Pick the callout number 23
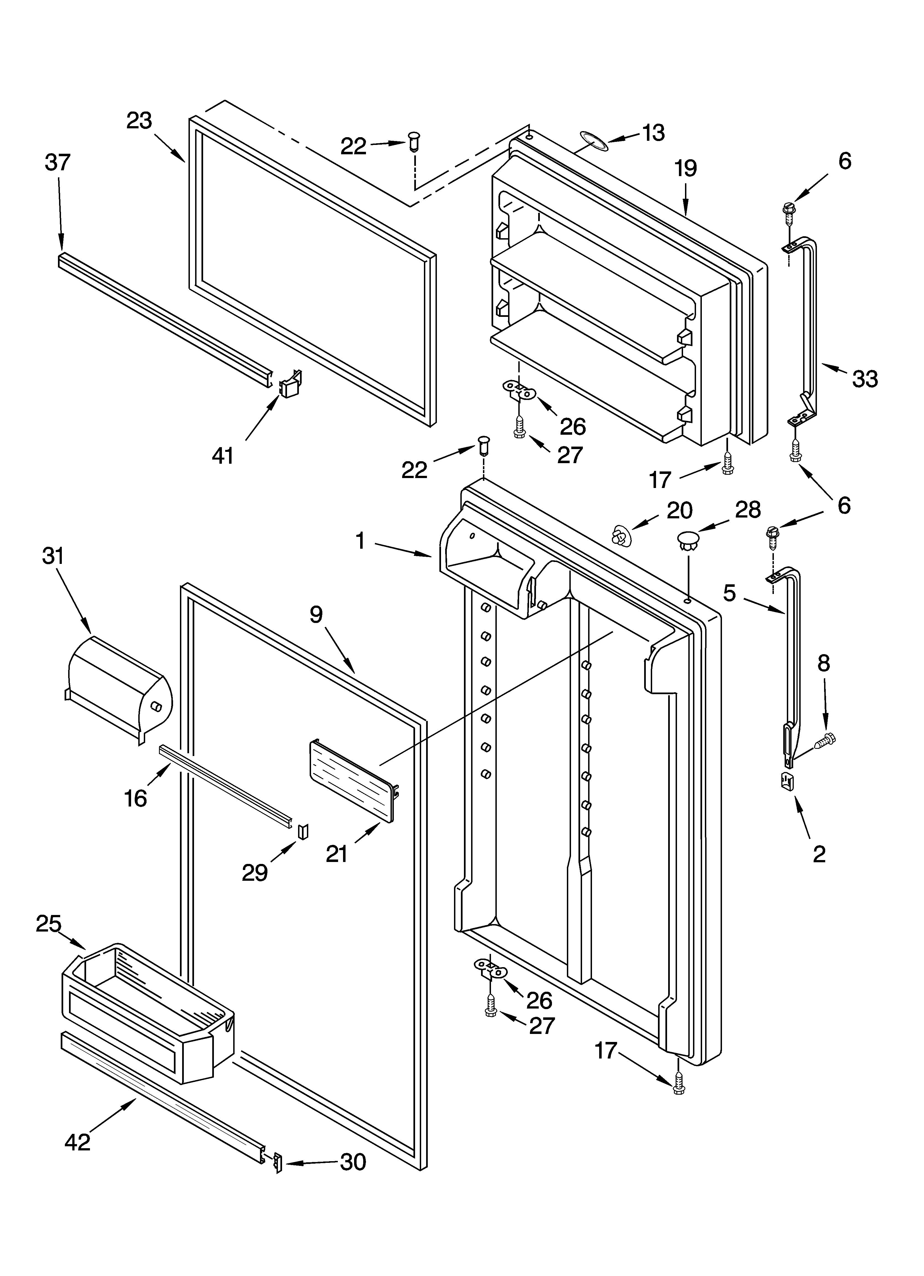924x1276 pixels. [139, 121]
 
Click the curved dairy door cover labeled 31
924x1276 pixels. [118, 689]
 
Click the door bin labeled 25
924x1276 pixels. [146, 1013]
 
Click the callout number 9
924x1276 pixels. [316, 615]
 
